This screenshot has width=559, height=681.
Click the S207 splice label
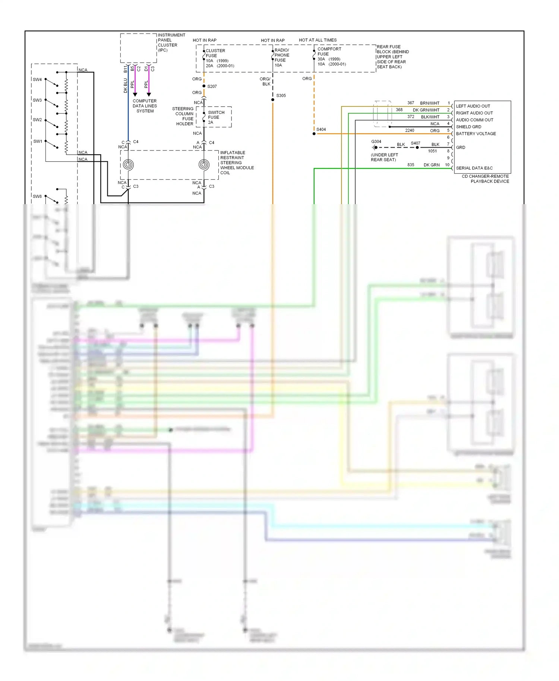click(x=212, y=86)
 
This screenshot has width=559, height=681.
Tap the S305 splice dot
click(x=273, y=100)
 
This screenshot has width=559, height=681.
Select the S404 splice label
click(x=321, y=130)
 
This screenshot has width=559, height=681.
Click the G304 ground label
click(x=376, y=142)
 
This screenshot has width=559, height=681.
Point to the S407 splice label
click(x=415, y=143)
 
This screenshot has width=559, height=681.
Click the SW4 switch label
click(x=37, y=79)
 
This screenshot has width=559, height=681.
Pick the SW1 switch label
click(x=38, y=141)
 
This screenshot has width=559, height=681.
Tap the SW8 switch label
click(x=37, y=196)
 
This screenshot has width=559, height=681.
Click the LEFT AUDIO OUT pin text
click(x=473, y=106)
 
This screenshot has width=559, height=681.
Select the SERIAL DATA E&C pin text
click(x=474, y=168)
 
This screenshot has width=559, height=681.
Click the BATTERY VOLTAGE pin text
click(x=476, y=134)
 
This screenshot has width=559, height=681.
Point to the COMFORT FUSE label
click(x=329, y=51)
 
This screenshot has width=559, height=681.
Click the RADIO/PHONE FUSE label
click(x=281, y=55)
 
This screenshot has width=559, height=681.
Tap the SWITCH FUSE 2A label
click(x=216, y=117)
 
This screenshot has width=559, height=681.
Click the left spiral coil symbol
click(x=128, y=165)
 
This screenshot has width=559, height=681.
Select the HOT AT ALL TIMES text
click(x=318, y=40)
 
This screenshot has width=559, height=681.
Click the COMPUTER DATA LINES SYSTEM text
click(x=145, y=106)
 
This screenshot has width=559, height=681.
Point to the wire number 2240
click(x=409, y=130)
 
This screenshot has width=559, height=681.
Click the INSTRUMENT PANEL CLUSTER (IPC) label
click(x=171, y=42)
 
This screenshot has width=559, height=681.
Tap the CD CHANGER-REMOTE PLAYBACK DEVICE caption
click(x=485, y=179)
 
